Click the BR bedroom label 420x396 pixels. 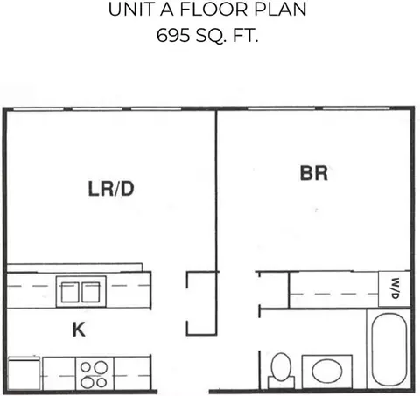[314, 173]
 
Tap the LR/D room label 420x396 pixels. [111, 189]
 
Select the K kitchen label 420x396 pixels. [79, 330]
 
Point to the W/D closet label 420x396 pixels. [395, 288]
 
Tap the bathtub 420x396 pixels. [389, 350]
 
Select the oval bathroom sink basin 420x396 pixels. [327, 371]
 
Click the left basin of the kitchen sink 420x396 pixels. [70, 292]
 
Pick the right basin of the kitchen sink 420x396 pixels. [91, 292]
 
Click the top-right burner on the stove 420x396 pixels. [101, 367]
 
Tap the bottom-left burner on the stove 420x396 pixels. [87, 382]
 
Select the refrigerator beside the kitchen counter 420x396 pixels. [24, 372]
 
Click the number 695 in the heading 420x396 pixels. [173, 36]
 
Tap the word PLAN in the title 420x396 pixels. [280, 10]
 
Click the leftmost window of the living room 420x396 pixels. [38, 109]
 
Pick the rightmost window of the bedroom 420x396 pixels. [356, 108]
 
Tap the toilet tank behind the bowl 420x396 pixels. [281, 382]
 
